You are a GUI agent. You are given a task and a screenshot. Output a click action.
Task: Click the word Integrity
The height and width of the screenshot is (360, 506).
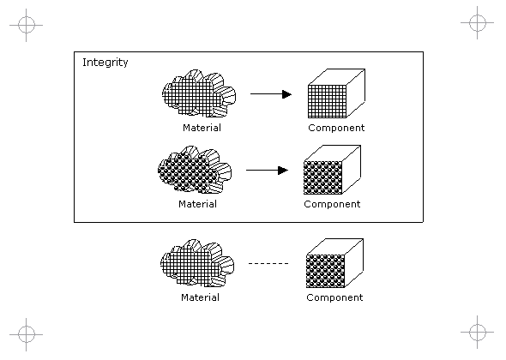tap(105, 63)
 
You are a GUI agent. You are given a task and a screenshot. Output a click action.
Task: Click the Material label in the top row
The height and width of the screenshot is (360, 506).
tap(202, 128)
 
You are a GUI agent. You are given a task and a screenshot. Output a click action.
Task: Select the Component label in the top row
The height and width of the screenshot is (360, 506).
tap(336, 128)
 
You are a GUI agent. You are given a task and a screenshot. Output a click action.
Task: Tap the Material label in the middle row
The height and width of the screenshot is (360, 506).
tap(197, 204)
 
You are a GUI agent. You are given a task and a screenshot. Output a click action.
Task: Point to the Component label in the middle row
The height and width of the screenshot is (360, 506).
tap(332, 204)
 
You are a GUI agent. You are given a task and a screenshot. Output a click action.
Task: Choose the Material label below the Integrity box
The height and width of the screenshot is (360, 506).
tap(200, 297)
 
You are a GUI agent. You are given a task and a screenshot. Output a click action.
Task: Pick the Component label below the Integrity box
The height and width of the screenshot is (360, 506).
tap(334, 297)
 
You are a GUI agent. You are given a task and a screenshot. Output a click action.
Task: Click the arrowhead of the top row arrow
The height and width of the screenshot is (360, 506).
tap(286, 94)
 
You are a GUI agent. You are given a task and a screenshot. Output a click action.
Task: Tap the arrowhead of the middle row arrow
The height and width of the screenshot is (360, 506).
tap(283, 171)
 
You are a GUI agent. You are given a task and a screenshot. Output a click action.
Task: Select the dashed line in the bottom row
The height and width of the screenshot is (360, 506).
tap(268, 263)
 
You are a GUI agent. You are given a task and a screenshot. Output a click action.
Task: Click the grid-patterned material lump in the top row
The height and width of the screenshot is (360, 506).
tap(199, 93)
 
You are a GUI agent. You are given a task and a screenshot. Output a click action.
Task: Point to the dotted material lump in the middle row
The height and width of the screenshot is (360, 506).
tap(195, 170)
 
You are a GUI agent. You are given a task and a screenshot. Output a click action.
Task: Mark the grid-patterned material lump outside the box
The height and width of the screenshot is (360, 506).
tap(197, 263)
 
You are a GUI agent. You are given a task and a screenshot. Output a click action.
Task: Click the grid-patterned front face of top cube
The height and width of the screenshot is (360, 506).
tap(328, 101)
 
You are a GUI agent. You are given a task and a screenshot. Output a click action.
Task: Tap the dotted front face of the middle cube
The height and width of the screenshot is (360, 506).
tap(323, 177)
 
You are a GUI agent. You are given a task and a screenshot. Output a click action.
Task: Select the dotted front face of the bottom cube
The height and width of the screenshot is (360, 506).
tap(325, 271)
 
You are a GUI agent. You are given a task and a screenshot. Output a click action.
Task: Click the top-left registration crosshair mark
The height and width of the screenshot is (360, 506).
tap(26, 25)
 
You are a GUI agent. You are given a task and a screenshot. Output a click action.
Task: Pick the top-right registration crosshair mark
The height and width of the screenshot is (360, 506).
tap(478, 23)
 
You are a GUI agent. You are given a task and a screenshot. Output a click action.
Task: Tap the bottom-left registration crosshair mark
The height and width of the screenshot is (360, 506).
tap(26, 334)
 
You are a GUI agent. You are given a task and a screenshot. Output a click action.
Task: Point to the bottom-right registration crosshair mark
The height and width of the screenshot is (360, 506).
tap(478, 332)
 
